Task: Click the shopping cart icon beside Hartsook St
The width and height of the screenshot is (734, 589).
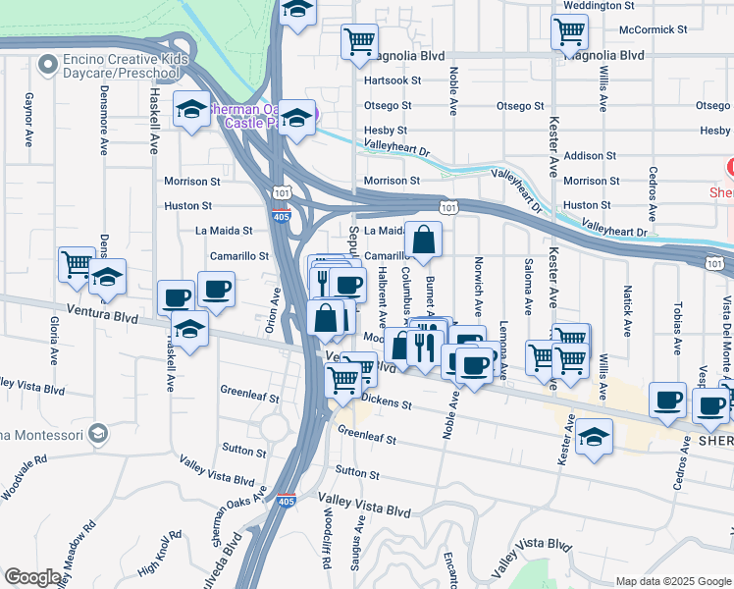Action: coord(360,40)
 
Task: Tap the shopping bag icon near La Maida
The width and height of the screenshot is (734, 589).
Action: coord(423,239)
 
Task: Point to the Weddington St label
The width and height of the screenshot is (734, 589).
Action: coord(594,6)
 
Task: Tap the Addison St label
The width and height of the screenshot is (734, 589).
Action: coord(590,155)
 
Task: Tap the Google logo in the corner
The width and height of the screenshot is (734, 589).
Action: coord(32,577)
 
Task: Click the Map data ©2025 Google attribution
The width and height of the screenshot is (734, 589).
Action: coord(671,581)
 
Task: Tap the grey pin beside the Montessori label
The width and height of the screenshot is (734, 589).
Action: coord(97,432)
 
